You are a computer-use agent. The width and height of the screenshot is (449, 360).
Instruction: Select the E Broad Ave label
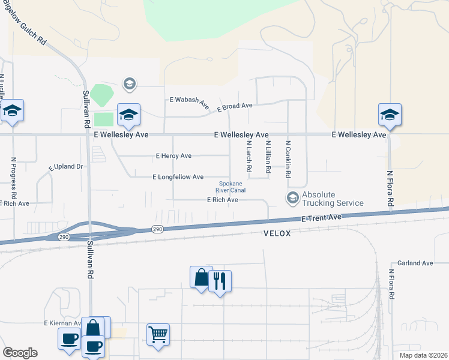tap(235, 107)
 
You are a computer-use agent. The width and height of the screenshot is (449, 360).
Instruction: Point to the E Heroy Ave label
tap(173, 156)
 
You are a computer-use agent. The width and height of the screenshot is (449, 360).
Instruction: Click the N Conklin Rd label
tap(288, 159)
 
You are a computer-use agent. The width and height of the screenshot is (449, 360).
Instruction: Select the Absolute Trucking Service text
tap(333, 199)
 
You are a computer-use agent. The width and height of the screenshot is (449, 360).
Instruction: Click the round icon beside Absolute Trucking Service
tap(292, 197)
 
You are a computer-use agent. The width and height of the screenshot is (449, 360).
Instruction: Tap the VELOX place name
tap(277, 233)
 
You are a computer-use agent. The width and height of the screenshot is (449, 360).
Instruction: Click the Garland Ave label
tap(415, 263)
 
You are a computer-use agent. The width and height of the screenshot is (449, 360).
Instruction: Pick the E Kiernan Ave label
tap(62, 323)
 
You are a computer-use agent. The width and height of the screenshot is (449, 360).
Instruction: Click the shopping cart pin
tap(158, 334)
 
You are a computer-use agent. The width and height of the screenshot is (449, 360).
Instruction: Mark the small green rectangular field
tap(103, 119)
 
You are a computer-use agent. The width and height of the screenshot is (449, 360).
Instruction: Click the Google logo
tap(20, 353)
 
